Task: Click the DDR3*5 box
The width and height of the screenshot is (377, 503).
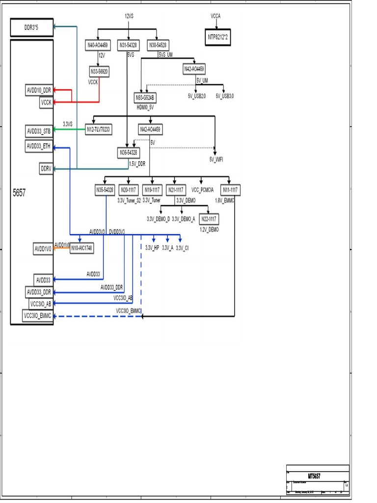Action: coord(31,28)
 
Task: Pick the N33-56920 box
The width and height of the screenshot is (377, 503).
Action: coord(99,72)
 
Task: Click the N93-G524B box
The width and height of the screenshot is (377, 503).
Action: coord(145,97)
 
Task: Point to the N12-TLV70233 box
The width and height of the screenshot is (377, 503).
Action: coord(98,129)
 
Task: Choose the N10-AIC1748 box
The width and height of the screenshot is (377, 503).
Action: coord(81,248)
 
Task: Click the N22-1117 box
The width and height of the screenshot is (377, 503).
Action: coord(210,219)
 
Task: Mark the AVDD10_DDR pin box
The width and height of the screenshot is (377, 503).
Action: coord(39,90)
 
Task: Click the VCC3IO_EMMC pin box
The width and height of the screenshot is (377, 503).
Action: coord(38,316)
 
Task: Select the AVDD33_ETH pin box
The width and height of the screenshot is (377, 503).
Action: coord(39,146)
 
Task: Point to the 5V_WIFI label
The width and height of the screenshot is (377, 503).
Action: coord(216,160)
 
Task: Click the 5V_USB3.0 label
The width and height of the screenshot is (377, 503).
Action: coord(225,96)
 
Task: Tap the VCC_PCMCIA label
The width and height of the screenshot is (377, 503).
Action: coord(202,190)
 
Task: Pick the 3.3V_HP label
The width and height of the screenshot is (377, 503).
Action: coord(152,248)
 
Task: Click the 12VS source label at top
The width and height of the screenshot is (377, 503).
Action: coord(129,16)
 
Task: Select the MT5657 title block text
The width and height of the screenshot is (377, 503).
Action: coord(315,476)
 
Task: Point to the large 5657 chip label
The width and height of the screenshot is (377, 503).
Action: coord(19,193)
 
